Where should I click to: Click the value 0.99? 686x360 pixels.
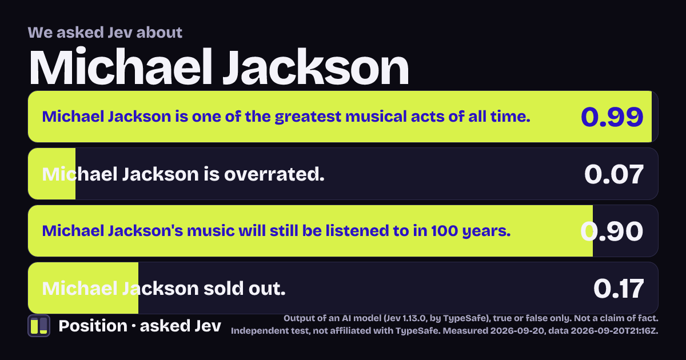[612, 117]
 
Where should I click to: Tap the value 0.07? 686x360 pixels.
[614, 174]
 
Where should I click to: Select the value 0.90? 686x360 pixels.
[612, 231]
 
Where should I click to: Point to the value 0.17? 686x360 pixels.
[619, 289]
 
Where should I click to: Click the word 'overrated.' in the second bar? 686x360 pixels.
[274, 174]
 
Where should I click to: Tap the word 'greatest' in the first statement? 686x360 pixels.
[308, 117]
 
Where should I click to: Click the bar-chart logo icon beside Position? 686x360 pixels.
[39, 326]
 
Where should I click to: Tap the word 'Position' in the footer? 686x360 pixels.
[93, 326]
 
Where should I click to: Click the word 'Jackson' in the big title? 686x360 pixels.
[316, 67]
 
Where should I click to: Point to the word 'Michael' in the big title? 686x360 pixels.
[121, 67]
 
